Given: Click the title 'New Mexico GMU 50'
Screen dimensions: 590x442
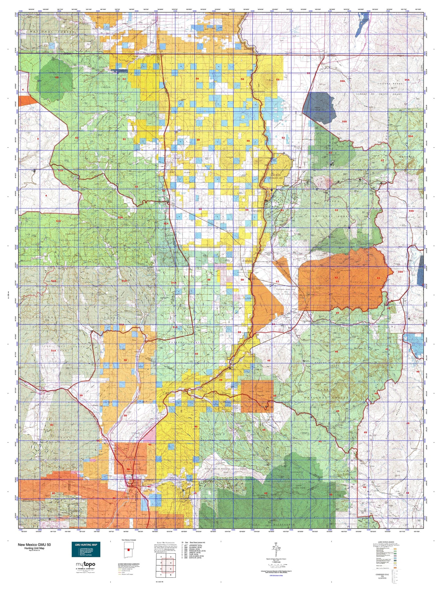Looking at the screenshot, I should point(34,545).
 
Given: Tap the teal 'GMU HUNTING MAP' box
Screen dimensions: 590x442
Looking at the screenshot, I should point(86,549).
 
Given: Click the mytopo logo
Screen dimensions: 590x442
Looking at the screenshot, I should point(86,564).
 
